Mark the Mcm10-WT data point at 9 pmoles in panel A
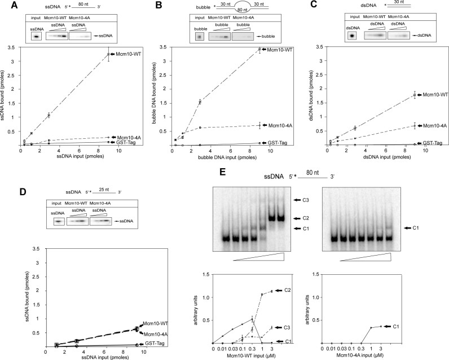[108, 55]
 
